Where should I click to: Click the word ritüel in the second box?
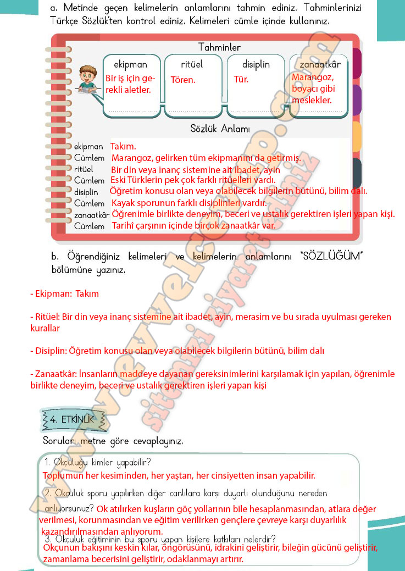192,64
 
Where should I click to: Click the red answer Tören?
183,80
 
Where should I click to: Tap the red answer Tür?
241,80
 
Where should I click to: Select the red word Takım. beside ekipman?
123,147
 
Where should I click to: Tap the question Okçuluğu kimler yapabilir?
98,462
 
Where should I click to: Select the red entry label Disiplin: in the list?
49,350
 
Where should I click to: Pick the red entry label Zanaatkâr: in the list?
54,374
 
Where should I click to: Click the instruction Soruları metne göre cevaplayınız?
113,441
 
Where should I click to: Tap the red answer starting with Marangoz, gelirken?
206,158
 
